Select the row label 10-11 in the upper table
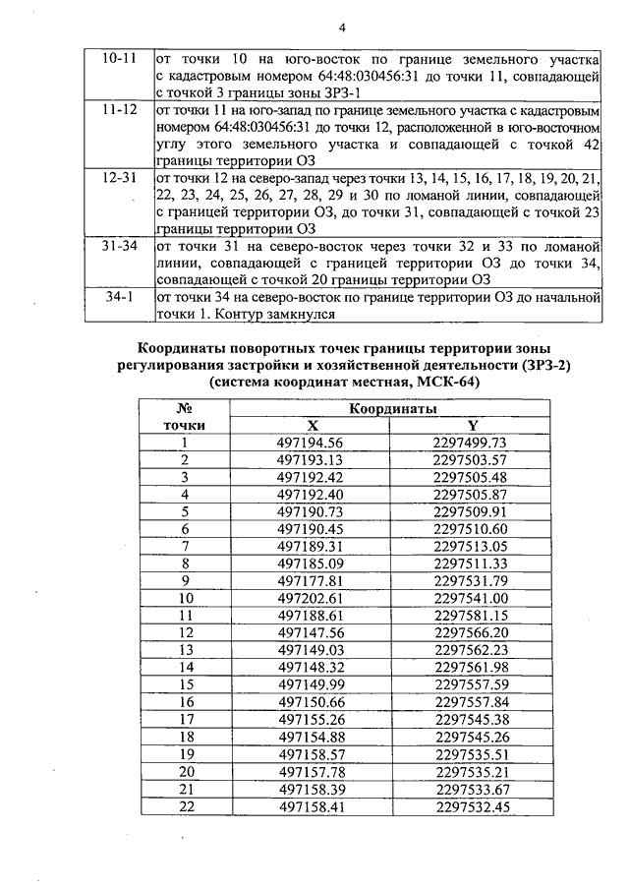pos(120,58)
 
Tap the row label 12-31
pos(120,176)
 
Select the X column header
pos(313,425)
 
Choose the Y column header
pos(472,425)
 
